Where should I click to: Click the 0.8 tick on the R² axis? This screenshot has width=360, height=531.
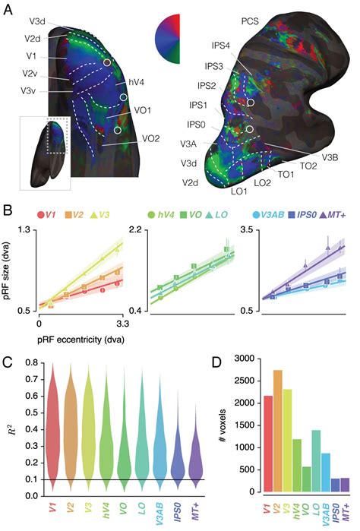[x=29, y=362]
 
